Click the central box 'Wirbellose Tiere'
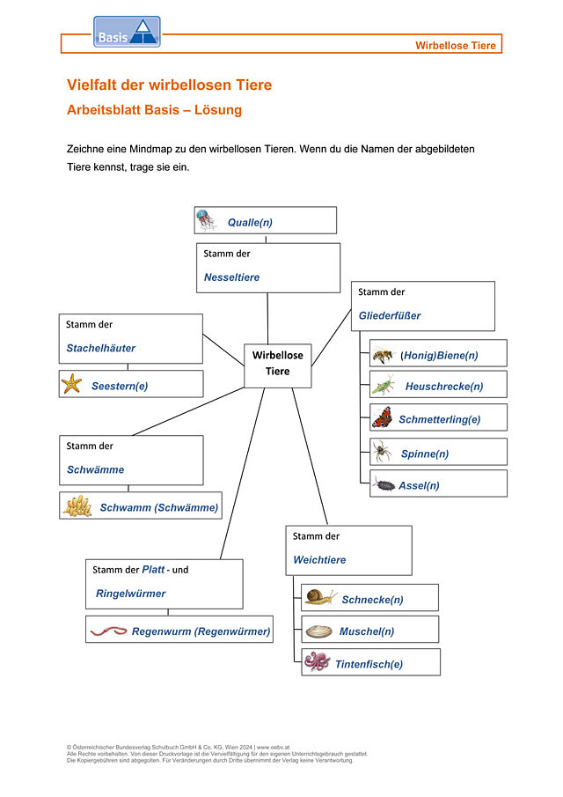click(278, 364)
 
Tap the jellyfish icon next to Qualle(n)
click(206, 220)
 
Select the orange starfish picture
click(71, 384)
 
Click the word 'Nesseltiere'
click(231, 277)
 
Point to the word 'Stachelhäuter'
click(101, 348)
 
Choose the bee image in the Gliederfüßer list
click(383, 354)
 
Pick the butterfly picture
click(383, 417)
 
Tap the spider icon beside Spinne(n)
click(382, 452)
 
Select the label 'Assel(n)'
click(419, 485)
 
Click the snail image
click(320, 598)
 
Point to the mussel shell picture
click(318, 631)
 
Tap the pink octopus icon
click(317, 661)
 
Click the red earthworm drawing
click(108, 631)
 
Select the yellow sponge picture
click(77, 506)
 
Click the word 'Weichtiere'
click(319, 560)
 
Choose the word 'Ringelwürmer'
click(130, 594)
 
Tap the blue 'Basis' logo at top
click(127, 33)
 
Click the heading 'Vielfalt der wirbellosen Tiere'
click(170, 85)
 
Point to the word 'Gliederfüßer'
click(390, 315)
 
